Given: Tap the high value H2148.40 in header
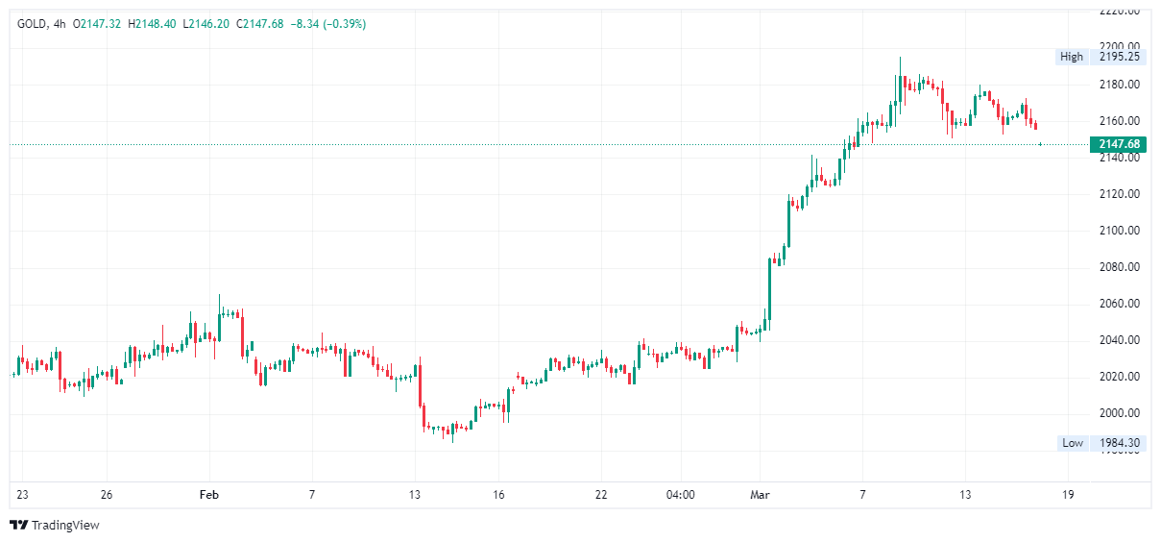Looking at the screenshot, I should click(152, 23).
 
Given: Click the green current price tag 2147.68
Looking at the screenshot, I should click(1117, 144).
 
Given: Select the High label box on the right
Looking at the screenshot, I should click(1071, 57).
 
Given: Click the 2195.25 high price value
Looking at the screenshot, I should click(1119, 57).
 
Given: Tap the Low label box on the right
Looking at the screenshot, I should click(1072, 443).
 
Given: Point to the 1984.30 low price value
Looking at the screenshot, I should click(1119, 443).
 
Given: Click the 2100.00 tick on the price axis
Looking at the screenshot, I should click(1119, 231).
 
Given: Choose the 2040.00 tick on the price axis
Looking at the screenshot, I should click(1119, 340).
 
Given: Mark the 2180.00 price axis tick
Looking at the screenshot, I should click(1119, 85).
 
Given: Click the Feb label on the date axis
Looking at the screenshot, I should click(208, 495).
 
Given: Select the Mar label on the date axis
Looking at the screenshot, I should click(760, 495).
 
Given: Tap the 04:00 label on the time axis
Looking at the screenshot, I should click(680, 495).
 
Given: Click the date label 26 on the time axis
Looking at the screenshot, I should click(107, 495).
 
